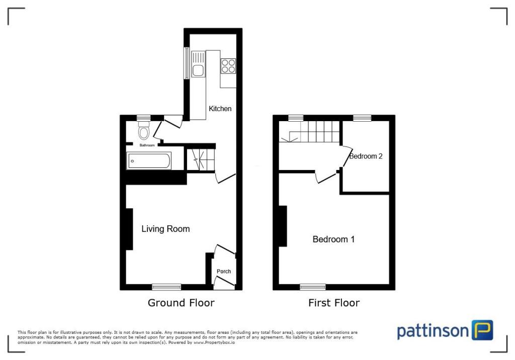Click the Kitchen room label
point(220,109)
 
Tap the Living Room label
point(165,229)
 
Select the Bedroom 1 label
point(333,239)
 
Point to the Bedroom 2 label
point(366,156)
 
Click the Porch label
point(224,272)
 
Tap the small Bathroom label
point(147,145)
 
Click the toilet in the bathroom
point(144,131)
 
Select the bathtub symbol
point(149,160)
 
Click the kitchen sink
point(199,65)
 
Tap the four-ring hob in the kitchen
point(228,66)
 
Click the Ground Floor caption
point(181,303)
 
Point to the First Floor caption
point(334,303)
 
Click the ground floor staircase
point(201,160)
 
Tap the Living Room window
point(166,287)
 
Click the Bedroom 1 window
point(312,287)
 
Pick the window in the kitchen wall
point(187,63)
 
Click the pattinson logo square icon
point(482,330)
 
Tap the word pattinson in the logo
point(433,331)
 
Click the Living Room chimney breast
point(129,229)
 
